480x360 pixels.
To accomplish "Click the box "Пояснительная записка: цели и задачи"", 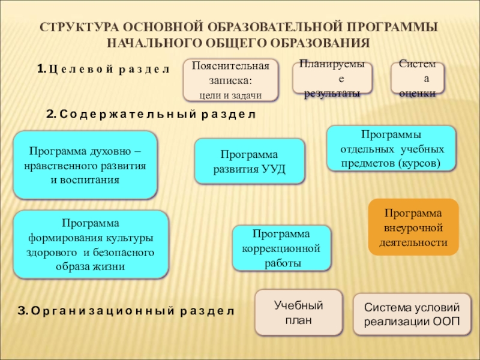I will pyautogui.click(x=230, y=79).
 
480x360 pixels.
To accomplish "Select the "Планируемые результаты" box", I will pyautogui.click(x=332, y=79).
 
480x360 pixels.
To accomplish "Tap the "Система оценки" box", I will pyautogui.click(x=422, y=79).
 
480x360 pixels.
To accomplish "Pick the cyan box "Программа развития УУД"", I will pyautogui.click(x=250, y=161).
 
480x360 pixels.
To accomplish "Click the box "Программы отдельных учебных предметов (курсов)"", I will pyautogui.click(x=391, y=148).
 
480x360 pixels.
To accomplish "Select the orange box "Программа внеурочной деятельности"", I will pyautogui.click(x=413, y=227).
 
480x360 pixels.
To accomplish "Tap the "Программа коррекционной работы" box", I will pyautogui.click(x=281, y=248).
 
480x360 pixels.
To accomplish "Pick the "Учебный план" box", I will pyautogui.click(x=298, y=313).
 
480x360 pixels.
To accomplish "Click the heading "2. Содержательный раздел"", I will pyautogui.click(x=151, y=113).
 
